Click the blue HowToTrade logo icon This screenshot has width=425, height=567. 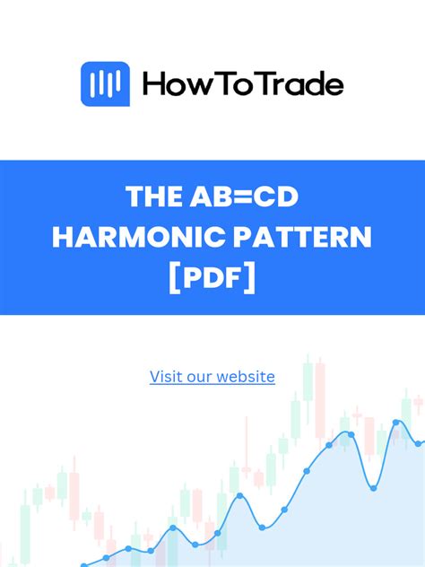[x=106, y=84]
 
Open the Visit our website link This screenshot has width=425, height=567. [x=212, y=377]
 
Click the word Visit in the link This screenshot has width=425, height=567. [x=166, y=377]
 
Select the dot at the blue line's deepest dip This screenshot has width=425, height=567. [x=372, y=487]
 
